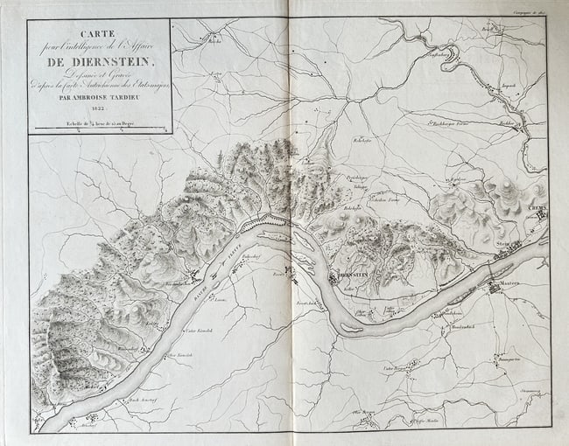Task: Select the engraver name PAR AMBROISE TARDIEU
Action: click(99, 100)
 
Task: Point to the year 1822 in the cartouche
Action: click(98, 111)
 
